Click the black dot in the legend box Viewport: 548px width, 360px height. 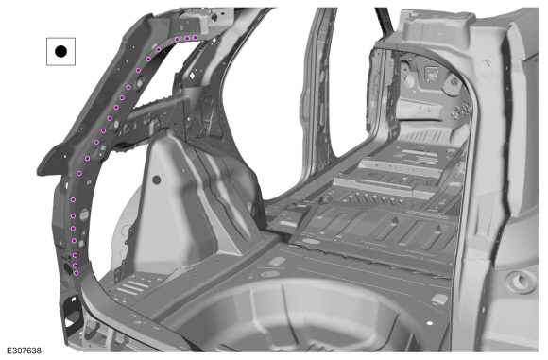tap(60, 51)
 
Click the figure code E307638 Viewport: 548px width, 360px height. tap(25, 351)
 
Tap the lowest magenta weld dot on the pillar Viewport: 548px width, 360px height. tap(77, 273)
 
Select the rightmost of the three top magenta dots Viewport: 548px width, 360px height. tap(196, 38)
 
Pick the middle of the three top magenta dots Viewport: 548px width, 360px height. tap(187, 39)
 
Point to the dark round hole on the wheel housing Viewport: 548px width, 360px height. tap(157, 180)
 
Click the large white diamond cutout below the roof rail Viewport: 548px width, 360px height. tap(192, 76)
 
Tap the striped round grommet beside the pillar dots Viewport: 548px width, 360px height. tap(85, 215)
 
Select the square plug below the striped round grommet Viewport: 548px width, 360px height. tap(80, 244)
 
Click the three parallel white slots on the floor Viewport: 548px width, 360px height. tap(130, 287)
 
